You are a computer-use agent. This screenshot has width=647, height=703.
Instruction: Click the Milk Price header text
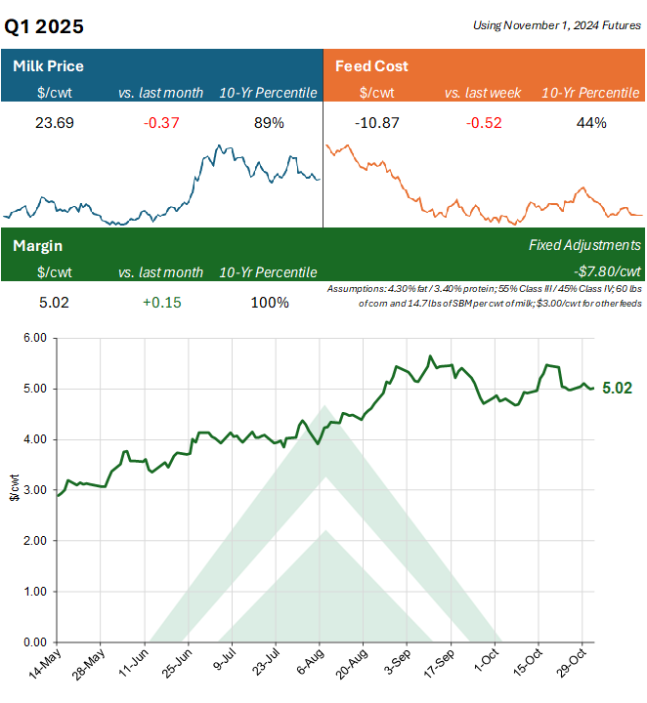48,66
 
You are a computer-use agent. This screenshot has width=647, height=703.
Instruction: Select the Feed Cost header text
371,66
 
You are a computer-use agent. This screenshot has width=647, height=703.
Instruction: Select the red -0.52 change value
484,123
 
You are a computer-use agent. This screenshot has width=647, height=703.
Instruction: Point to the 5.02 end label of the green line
617,388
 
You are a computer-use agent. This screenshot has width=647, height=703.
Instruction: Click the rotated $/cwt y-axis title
12,490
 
